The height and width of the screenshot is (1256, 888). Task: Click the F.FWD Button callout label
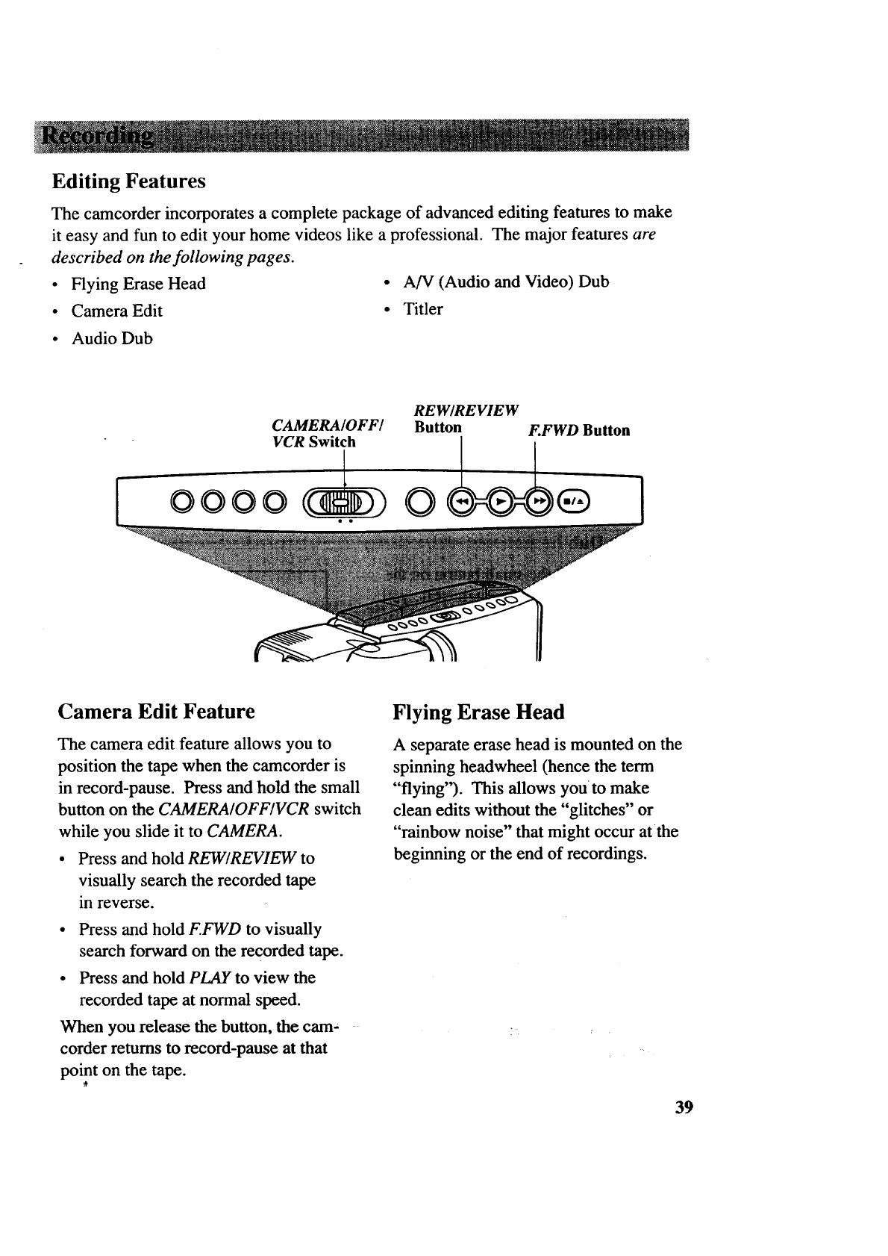point(578,431)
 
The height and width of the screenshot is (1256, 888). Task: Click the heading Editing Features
point(128,181)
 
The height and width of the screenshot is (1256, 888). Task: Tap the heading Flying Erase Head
point(478,712)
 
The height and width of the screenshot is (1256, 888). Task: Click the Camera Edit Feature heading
point(156,711)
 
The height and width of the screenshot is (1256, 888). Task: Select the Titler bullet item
point(422,309)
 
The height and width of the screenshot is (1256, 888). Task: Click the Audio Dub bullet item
point(112,339)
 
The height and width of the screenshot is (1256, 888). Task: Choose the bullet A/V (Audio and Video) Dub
point(505,282)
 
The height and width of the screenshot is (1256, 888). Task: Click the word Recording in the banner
point(98,137)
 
